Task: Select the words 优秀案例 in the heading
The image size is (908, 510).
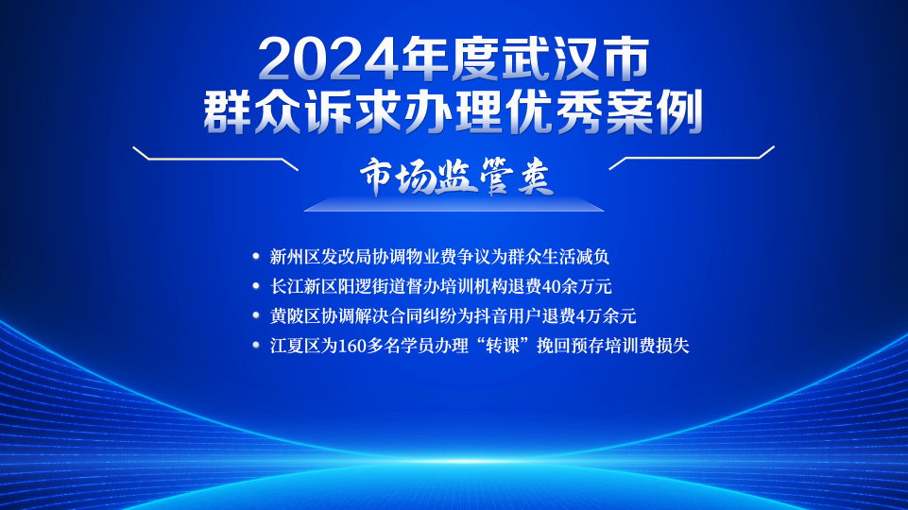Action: [604, 111]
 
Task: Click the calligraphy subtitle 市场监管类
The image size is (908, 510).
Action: [456, 177]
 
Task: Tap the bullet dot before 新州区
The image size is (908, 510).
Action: [256, 257]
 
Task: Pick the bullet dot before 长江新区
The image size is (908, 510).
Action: [256, 286]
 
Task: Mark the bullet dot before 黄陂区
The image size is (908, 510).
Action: [256, 315]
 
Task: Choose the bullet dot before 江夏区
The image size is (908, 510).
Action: [256, 345]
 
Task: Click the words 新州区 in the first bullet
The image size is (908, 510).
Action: [296, 257]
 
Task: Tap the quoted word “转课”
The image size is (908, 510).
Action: [503, 346]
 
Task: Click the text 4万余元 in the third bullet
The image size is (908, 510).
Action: [607, 315]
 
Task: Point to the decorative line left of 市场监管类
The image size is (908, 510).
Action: [215, 159]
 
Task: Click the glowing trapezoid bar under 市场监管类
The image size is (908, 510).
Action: [454, 204]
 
